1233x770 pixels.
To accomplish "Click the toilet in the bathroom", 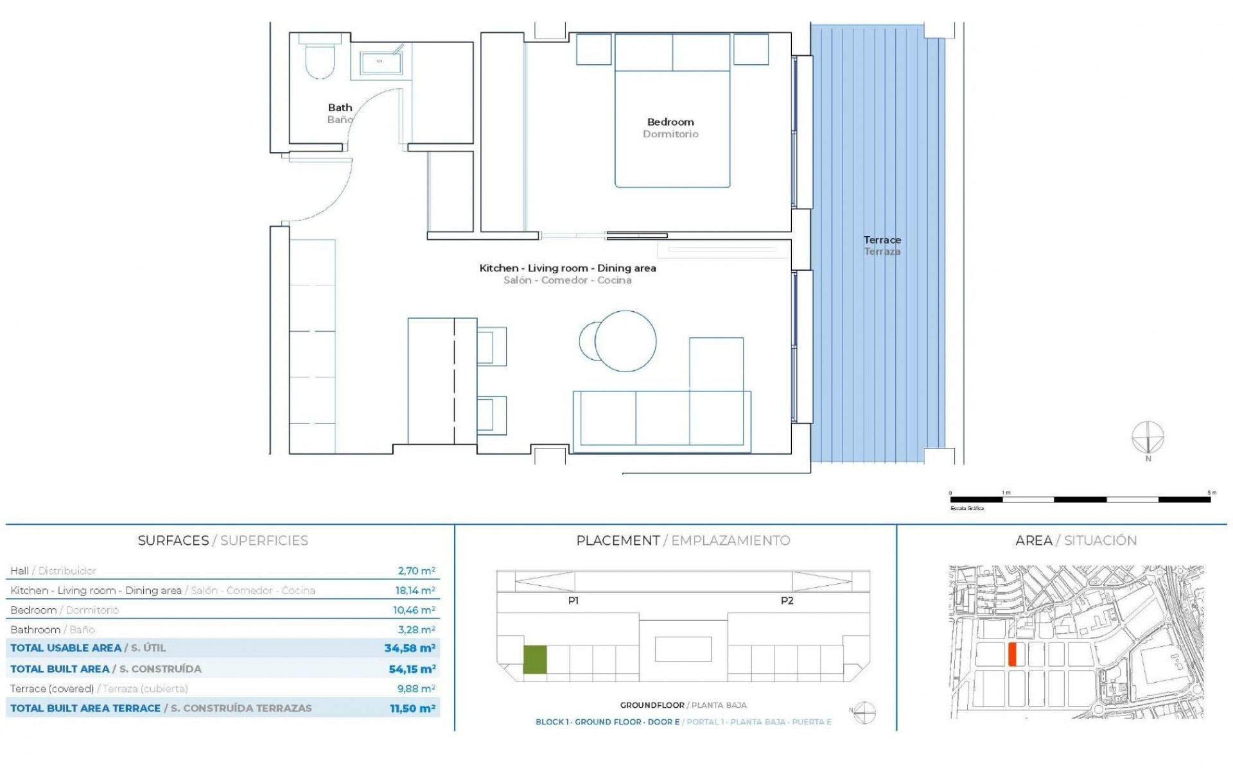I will pos(319,60).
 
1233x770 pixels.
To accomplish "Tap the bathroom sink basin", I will pos(380,62).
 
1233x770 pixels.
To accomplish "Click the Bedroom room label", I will pos(670,122).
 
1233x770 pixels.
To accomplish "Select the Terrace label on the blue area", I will pos(882,240).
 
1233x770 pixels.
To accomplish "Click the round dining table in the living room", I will pos(625,341).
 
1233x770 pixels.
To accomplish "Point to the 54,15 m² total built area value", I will pos(412,669).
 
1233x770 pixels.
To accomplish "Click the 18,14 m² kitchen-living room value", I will pos(415,590).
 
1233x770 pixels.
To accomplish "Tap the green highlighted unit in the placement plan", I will pos(535,659).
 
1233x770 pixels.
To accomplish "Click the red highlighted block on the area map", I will pos(1012,654).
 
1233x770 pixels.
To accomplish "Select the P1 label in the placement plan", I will pos(573,601).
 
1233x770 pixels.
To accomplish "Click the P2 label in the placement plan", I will pos(787,601).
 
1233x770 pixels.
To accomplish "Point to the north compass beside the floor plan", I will pos(1148,439).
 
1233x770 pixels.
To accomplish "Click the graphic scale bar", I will pos(1080,499).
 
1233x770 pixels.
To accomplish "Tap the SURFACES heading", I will pos(173,540).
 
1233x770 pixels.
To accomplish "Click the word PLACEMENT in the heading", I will pos(618,540).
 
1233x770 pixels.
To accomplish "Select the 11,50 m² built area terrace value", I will pos(412,708).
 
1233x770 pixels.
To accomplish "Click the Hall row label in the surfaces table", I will pos(20,570).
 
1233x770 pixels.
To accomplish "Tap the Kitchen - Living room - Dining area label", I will pos(568,268).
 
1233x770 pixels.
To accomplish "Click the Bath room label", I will pos(340,108).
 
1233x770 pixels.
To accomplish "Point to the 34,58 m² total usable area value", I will pos(410,648).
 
